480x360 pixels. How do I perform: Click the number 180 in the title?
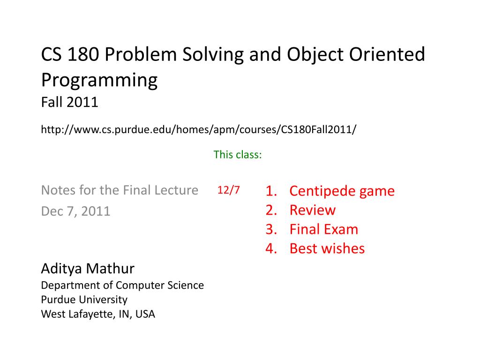[x=83, y=54]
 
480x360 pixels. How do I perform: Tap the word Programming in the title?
[x=99, y=81]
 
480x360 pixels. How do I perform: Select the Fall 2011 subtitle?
[x=70, y=102]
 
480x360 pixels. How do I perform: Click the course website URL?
[x=199, y=129]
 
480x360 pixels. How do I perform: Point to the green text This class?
[x=238, y=155]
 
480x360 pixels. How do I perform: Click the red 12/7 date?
[x=228, y=190]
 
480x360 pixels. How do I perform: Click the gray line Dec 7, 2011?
[x=75, y=211]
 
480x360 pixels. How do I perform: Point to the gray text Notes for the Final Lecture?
[x=120, y=190]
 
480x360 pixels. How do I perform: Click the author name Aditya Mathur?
[x=88, y=269]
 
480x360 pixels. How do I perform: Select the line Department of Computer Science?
[x=122, y=285]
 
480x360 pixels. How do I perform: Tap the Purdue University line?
[x=84, y=300]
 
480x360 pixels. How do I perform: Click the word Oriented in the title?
[x=387, y=54]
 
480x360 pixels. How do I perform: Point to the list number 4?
[x=271, y=248]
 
